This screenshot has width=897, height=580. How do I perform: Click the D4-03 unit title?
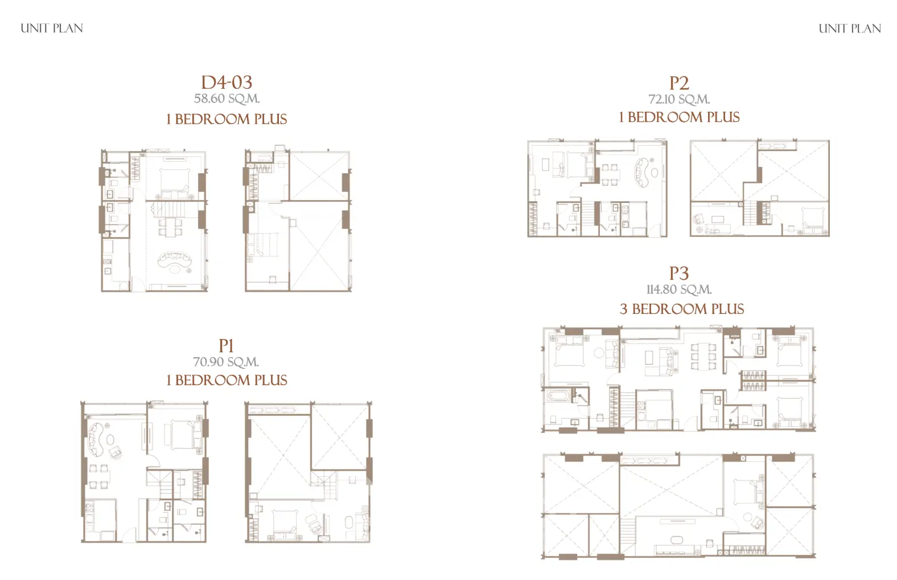pos(227,82)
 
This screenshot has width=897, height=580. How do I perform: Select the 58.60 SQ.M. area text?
pos(227,99)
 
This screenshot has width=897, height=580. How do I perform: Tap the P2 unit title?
pos(679,83)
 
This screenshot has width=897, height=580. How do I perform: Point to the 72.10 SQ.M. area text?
pos(679,99)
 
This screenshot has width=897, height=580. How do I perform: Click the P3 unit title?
pos(679,273)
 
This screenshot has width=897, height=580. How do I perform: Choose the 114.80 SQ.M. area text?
pos(679,289)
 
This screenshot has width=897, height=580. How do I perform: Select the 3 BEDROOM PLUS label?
pos(682,309)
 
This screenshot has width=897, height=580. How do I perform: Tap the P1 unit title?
pos(227,345)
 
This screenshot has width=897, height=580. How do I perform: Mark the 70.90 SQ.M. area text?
pos(227,362)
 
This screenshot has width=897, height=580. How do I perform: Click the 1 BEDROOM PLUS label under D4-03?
pos(227,119)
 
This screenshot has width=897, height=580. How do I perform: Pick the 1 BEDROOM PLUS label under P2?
pos(679,117)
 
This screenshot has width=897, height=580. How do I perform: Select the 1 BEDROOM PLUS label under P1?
pos(227,380)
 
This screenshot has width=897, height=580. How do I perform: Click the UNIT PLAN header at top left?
pos(52,28)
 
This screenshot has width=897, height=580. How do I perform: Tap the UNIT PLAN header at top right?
pos(850,28)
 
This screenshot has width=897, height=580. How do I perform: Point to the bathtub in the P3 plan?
pos(558,396)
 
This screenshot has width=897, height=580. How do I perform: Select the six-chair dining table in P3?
pos(703,356)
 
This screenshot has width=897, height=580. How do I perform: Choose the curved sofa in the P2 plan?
pos(641,173)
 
